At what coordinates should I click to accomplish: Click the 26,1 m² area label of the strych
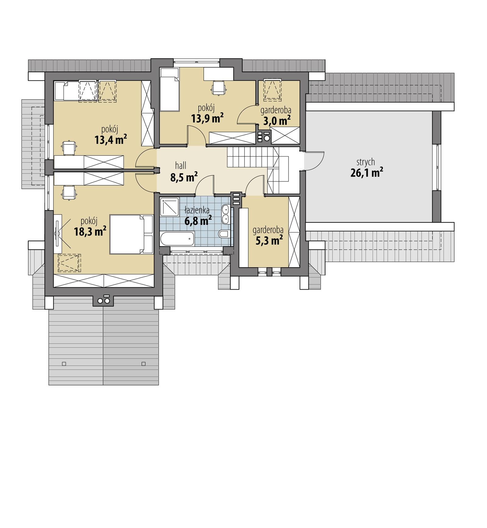click(x=366, y=173)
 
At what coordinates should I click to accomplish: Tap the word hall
click(x=180, y=166)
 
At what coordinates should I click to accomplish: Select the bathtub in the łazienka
click(x=177, y=239)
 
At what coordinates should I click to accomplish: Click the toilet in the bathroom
click(x=224, y=234)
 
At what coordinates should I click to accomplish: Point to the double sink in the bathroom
click(x=226, y=214)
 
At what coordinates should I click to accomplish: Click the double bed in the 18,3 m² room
click(x=131, y=234)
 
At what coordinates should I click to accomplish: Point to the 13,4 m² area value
click(x=110, y=140)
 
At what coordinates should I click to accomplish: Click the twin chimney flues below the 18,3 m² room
click(x=103, y=301)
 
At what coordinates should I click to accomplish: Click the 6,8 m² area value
click(x=198, y=221)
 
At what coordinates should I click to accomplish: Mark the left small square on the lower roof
click(x=64, y=363)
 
